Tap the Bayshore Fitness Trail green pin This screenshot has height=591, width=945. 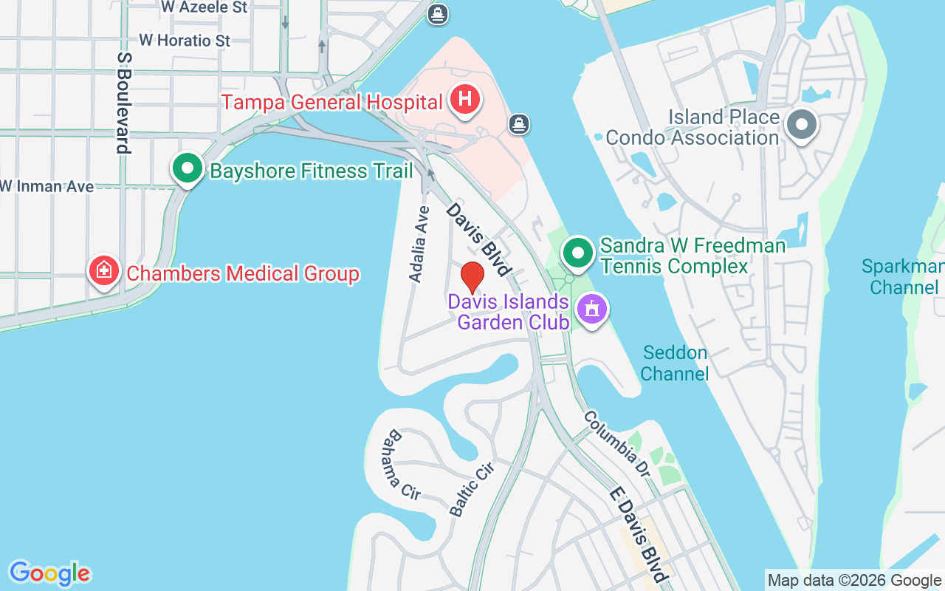pos(188,168)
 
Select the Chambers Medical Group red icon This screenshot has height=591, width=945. pos(104,271)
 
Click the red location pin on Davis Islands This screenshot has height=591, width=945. pos(472,277)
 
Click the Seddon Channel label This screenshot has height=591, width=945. pos(675,363)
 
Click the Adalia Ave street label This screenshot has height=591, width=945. pos(419,244)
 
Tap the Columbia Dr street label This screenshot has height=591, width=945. pos(621,443)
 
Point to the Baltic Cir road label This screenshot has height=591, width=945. pos(471,488)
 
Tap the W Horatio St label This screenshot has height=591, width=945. pos(185,40)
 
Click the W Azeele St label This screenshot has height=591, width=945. pos(205,7)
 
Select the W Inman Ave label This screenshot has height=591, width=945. pos(47,186)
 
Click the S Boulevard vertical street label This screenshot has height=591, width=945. pos(124,103)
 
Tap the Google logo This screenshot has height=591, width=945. pos(49,573)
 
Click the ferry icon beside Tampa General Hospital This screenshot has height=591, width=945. pos(519,123)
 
